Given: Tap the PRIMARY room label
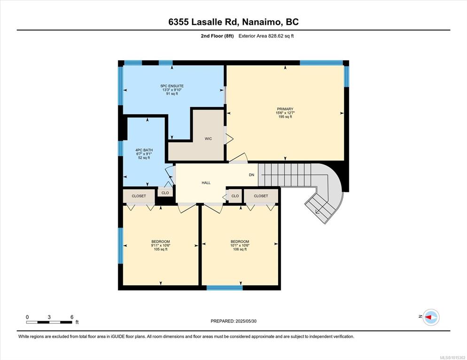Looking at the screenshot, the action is (x=285, y=109).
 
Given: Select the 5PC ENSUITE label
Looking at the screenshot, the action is (x=172, y=86).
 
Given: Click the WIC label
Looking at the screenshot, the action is (x=208, y=138).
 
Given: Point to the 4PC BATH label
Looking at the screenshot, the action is (x=144, y=150).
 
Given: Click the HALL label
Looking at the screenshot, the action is (x=206, y=183).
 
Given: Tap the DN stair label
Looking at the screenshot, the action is (x=252, y=175).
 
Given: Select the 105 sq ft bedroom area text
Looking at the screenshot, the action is (x=161, y=249).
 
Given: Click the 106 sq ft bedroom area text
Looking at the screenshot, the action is (x=240, y=249).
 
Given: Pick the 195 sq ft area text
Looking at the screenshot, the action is (x=285, y=117).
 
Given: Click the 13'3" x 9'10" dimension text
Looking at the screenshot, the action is (x=172, y=90).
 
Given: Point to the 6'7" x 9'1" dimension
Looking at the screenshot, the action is (x=144, y=154).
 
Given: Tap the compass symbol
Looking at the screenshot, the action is (x=431, y=317).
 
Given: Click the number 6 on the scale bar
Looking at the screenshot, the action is (x=72, y=317).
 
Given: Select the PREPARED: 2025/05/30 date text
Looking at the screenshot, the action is (x=233, y=321).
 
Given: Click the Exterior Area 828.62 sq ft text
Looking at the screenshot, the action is (x=266, y=36).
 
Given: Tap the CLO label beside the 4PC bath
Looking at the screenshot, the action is (x=165, y=193).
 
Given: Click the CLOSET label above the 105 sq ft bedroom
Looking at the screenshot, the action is (x=139, y=196).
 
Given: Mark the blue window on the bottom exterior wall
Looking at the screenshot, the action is (x=225, y=288).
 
